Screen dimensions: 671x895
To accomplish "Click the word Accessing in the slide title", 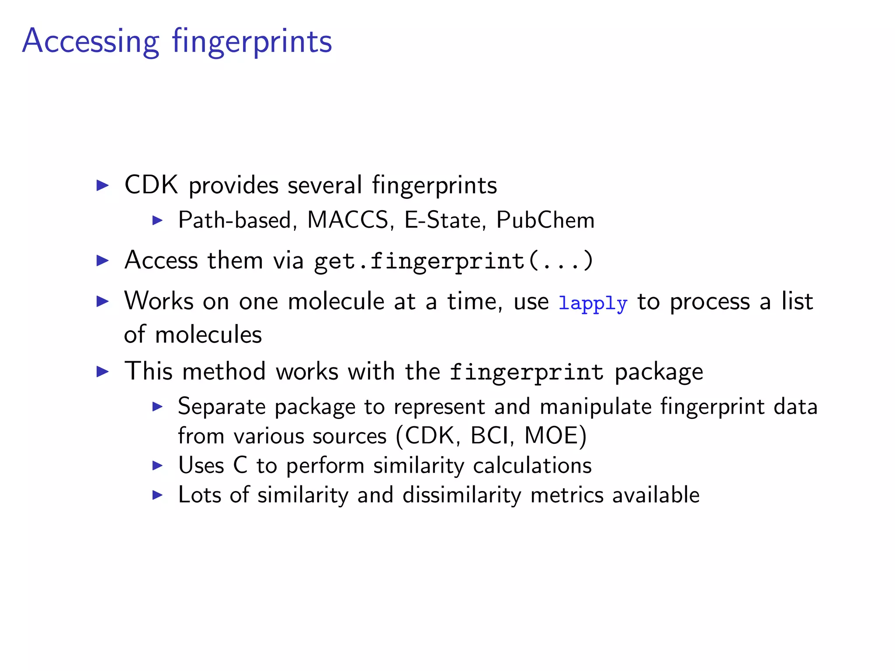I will coord(90,42).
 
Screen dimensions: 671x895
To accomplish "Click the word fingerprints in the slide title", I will coord(252,42).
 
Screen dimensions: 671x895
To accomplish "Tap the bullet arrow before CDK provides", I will coord(102,186).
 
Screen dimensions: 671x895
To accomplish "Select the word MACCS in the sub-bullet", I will coord(347,220).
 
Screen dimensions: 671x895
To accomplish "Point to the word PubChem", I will coord(545,220).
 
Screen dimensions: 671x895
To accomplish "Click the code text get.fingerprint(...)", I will coord(454,261).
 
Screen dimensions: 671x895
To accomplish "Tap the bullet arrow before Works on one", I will coord(102,301).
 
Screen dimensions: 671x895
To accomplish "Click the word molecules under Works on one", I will coord(208,335).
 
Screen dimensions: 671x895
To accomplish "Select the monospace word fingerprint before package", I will coord(526,372).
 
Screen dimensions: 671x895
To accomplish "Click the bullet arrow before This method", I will coord(102,372).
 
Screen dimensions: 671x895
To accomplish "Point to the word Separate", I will coord(222,406).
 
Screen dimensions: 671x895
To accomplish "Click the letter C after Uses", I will coord(240,465).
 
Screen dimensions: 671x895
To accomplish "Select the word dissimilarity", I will coord(461,495).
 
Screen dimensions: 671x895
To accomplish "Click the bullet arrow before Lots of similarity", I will coord(157,495).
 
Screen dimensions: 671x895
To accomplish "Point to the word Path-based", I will coord(235,220).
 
